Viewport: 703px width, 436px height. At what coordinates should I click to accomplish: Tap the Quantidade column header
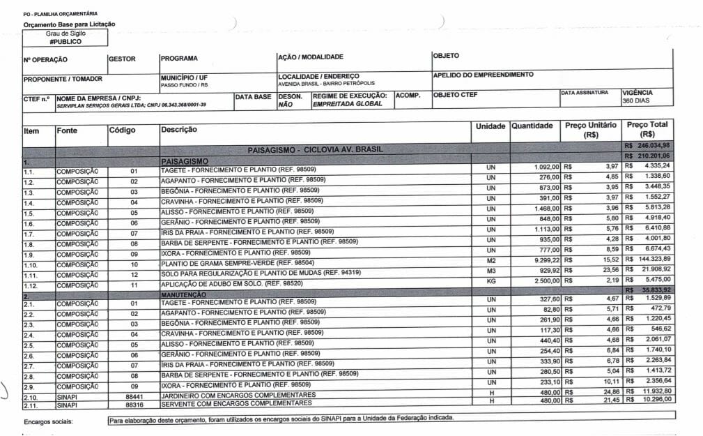532,126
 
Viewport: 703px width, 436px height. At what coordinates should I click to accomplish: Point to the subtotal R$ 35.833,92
652,289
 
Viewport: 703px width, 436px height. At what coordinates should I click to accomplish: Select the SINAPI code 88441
134,395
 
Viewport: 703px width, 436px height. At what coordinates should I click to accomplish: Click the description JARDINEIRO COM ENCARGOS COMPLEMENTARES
236,395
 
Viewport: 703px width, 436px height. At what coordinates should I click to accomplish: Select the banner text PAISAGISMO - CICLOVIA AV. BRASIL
315,149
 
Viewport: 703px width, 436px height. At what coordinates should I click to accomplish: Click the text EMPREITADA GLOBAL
348,104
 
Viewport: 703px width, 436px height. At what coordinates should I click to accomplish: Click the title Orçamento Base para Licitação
69,24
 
